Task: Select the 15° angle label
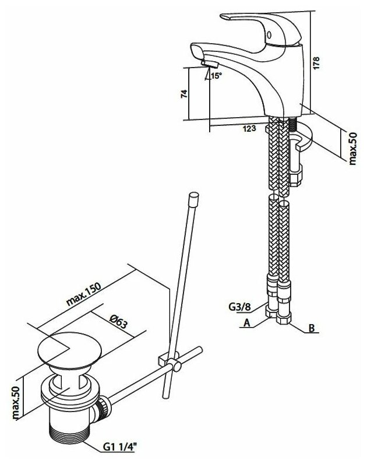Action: pos(216,76)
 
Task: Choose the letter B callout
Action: pos(312,329)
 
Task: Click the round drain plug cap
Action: pos(66,350)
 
